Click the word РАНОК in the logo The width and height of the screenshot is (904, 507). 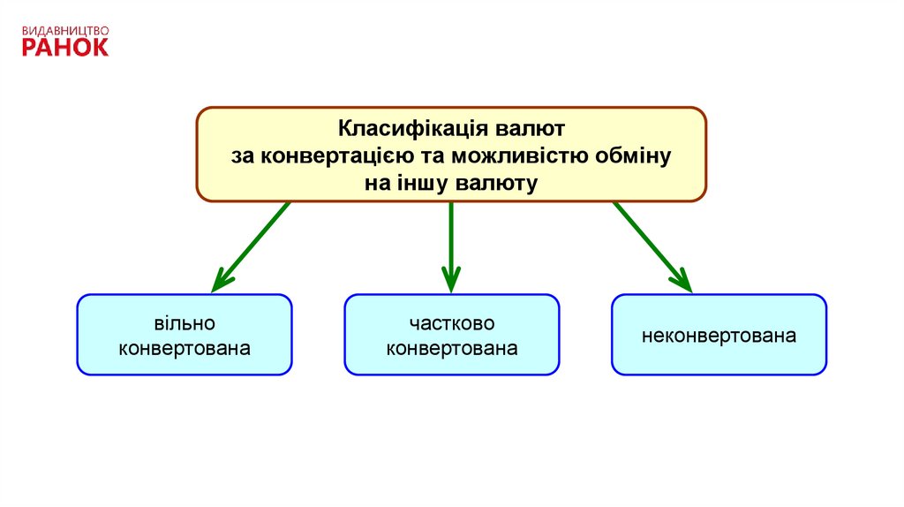tap(65, 46)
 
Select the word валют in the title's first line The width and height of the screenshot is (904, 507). tap(524, 129)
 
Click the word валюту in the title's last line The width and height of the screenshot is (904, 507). tap(497, 183)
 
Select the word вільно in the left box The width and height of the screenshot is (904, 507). tap(185, 324)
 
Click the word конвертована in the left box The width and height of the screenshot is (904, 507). tap(185, 348)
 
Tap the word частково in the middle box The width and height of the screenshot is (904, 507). tap(451, 324)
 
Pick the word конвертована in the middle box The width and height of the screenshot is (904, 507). tap(451, 348)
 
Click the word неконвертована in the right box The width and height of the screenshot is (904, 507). tap(719, 336)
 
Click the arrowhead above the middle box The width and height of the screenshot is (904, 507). tap(451, 282)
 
